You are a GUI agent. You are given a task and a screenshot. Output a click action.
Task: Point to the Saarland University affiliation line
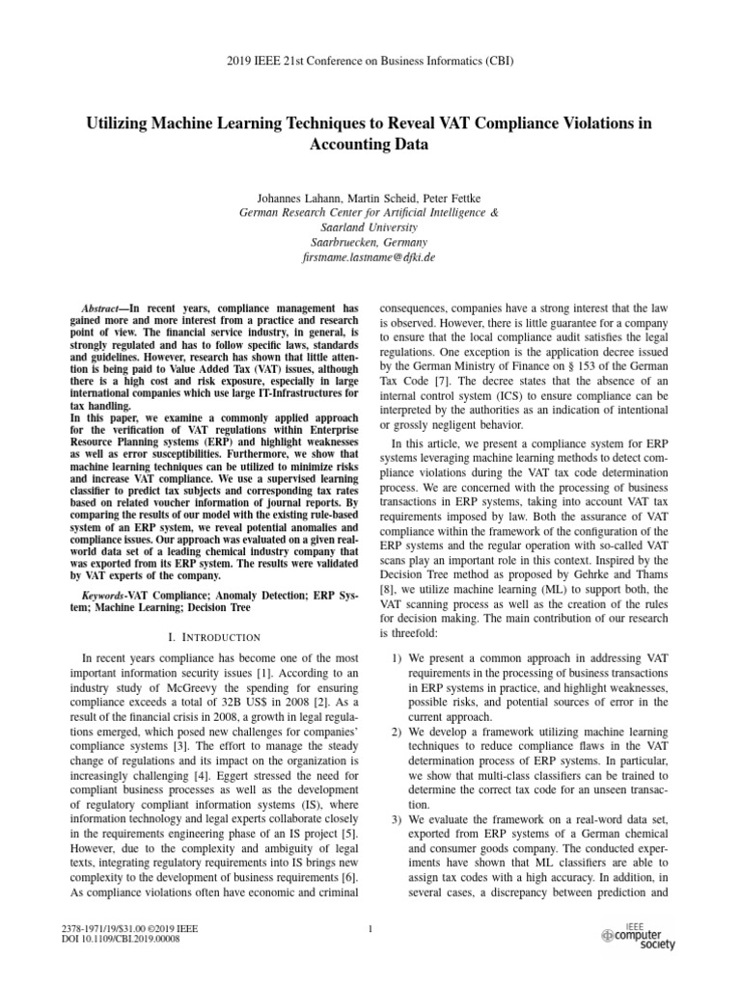(370, 225)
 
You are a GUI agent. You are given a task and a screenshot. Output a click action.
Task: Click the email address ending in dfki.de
(370, 258)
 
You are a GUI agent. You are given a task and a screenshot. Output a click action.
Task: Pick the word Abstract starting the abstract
(103, 307)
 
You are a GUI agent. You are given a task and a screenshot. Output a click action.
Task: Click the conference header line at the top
(370, 61)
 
